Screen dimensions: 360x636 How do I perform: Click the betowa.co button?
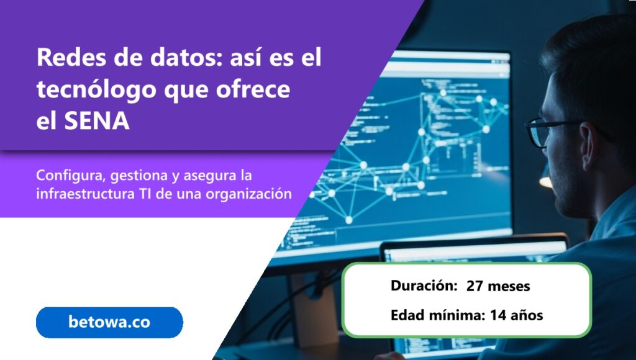tap(109, 322)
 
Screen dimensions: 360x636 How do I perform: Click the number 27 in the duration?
tap(475, 286)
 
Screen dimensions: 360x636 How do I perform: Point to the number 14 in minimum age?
tap(498, 315)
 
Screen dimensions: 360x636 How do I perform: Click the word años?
tap(527, 315)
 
